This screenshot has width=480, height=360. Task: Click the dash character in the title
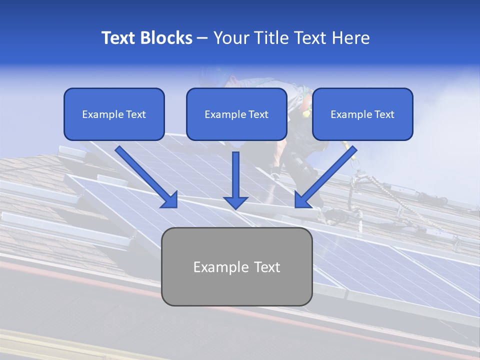203,38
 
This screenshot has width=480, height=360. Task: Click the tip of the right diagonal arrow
296,206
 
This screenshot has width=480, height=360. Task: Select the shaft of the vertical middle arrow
235,172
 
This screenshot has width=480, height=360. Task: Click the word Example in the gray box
217,267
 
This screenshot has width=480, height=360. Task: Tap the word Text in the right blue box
384,114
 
